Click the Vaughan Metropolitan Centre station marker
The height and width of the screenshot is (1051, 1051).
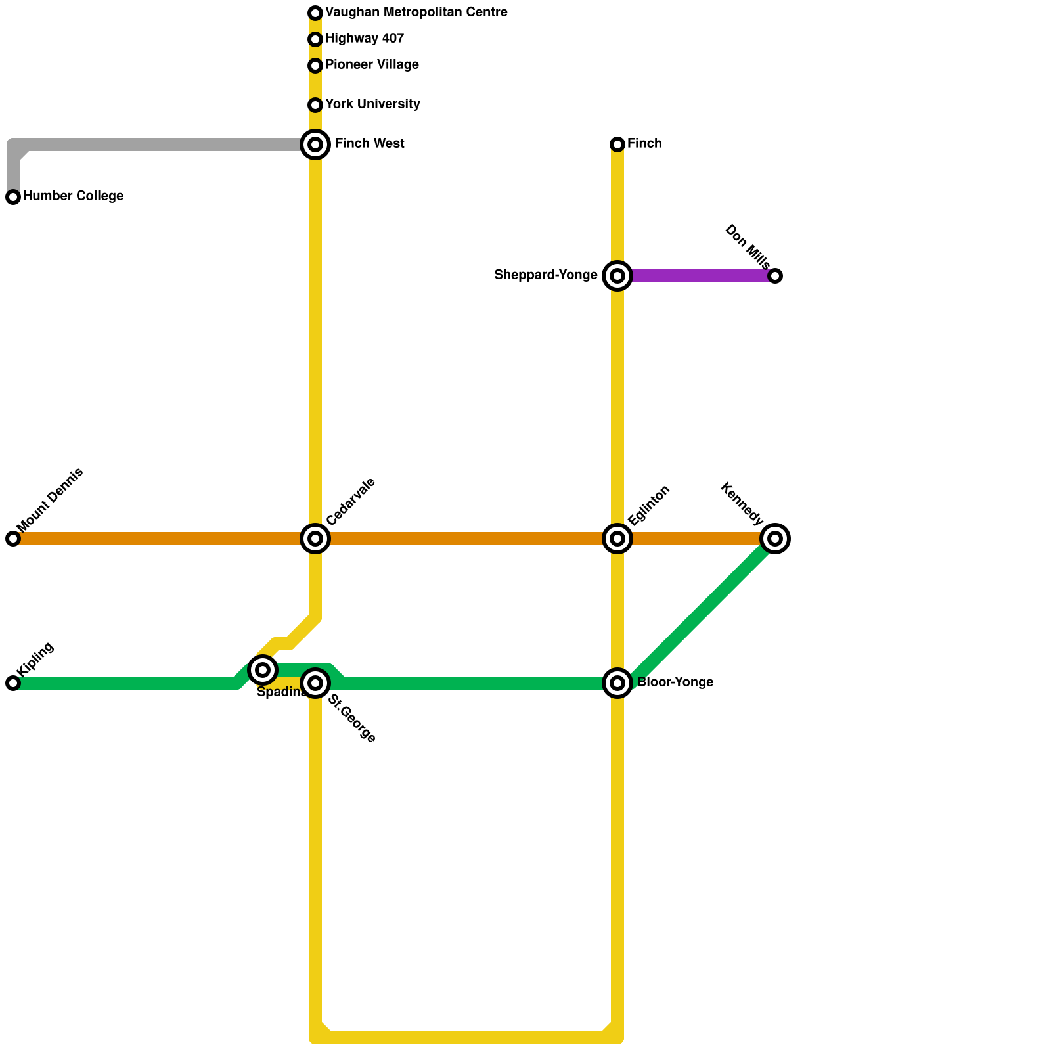click(x=315, y=13)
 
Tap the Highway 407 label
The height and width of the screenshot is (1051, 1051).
click(x=365, y=39)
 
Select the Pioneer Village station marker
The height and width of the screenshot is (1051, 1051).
click(x=315, y=66)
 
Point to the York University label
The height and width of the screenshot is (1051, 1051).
click(x=372, y=104)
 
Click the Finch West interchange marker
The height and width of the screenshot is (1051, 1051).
click(x=315, y=145)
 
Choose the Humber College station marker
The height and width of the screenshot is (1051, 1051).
click(x=13, y=197)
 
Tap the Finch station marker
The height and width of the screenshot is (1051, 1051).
click(x=617, y=145)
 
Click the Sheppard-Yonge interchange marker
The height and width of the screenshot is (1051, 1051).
click(x=617, y=276)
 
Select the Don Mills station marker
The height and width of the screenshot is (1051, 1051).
click(x=775, y=276)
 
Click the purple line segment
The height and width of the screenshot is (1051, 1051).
click(x=696, y=276)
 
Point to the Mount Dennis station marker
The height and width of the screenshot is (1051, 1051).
click(x=13, y=539)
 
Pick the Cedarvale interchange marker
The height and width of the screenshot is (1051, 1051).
click(x=315, y=539)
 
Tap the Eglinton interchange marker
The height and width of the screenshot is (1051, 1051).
click(x=617, y=539)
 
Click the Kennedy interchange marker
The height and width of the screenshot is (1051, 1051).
click(x=775, y=539)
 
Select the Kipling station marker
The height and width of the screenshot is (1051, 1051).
click(x=13, y=683)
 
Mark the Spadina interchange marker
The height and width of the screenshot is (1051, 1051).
click(x=263, y=670)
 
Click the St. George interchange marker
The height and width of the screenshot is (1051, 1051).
click(x=315, y=683)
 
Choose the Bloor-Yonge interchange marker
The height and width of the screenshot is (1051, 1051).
click(x=617, y=683)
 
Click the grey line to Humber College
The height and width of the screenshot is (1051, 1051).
click(x=158, y=145)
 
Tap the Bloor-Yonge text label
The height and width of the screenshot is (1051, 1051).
click(x=675, y=682)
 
